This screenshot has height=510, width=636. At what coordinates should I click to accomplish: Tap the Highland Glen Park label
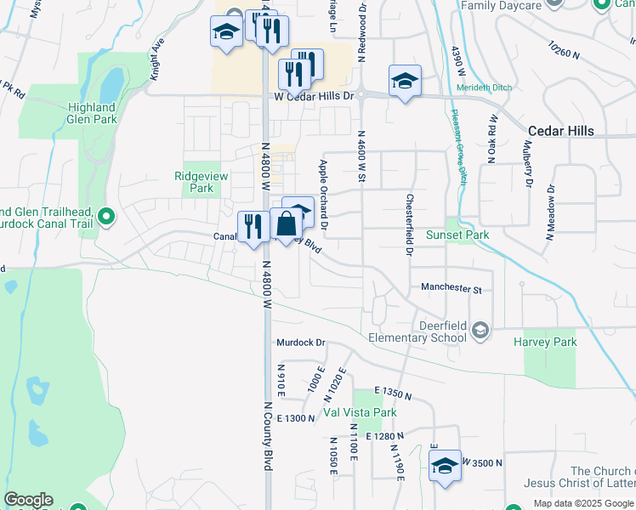(92, 113)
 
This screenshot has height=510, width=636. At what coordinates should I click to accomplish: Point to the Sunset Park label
(469, 235)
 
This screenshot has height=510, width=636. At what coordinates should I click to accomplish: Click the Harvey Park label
(545, 343)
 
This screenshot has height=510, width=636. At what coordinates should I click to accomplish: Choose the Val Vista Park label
(360, 413)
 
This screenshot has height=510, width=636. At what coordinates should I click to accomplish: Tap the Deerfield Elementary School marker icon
(480, 330)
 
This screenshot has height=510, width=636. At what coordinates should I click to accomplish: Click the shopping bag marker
(287, 225)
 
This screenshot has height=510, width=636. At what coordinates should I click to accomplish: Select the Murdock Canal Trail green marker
(106, 218)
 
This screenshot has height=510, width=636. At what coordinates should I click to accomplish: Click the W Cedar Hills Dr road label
(313, 97)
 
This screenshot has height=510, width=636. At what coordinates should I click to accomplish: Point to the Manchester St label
(451, 289)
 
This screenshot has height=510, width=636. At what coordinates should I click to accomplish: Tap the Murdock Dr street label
(301, 343)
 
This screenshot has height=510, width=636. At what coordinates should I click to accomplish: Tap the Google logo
(28, 500)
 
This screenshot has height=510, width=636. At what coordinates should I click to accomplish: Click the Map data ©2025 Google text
(583, 503)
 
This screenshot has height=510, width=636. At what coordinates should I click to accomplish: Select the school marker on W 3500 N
(445, 466)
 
